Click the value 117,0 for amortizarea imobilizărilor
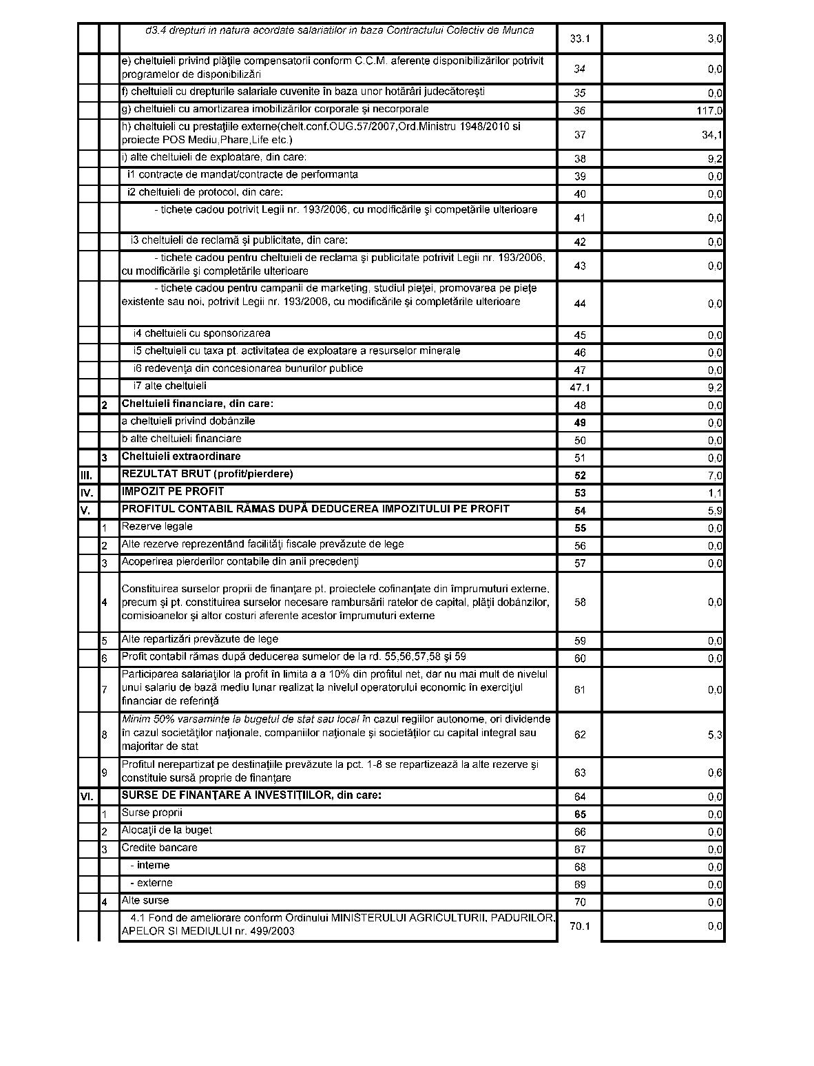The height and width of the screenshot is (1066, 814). (709, 111)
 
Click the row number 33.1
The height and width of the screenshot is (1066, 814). (580, 39)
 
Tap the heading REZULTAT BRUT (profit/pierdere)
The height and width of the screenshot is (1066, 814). (207, 474)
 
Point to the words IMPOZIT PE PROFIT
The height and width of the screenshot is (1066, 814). (173, 492)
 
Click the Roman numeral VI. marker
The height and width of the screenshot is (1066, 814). (87, 797)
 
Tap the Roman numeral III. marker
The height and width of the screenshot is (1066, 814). (87, 475)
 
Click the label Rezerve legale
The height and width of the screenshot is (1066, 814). (157, 527)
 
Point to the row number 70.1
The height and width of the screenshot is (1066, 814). (580, 926)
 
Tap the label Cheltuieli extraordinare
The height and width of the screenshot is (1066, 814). (181, 457)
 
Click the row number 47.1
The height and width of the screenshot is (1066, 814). (580, 388)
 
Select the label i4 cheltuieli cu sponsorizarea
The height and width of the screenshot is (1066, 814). (202, 333)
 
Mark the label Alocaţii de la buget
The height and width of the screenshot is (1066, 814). (167, 830)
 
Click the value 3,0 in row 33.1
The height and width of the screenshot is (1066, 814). (715, 39)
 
